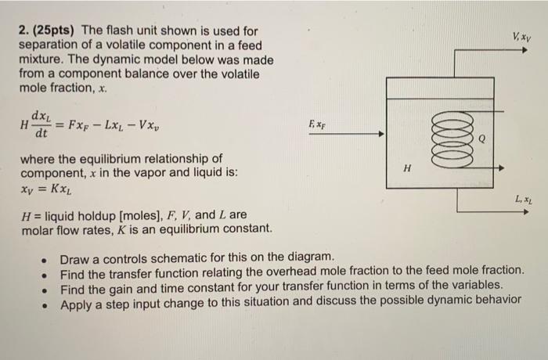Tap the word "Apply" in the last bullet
coord(78,301)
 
